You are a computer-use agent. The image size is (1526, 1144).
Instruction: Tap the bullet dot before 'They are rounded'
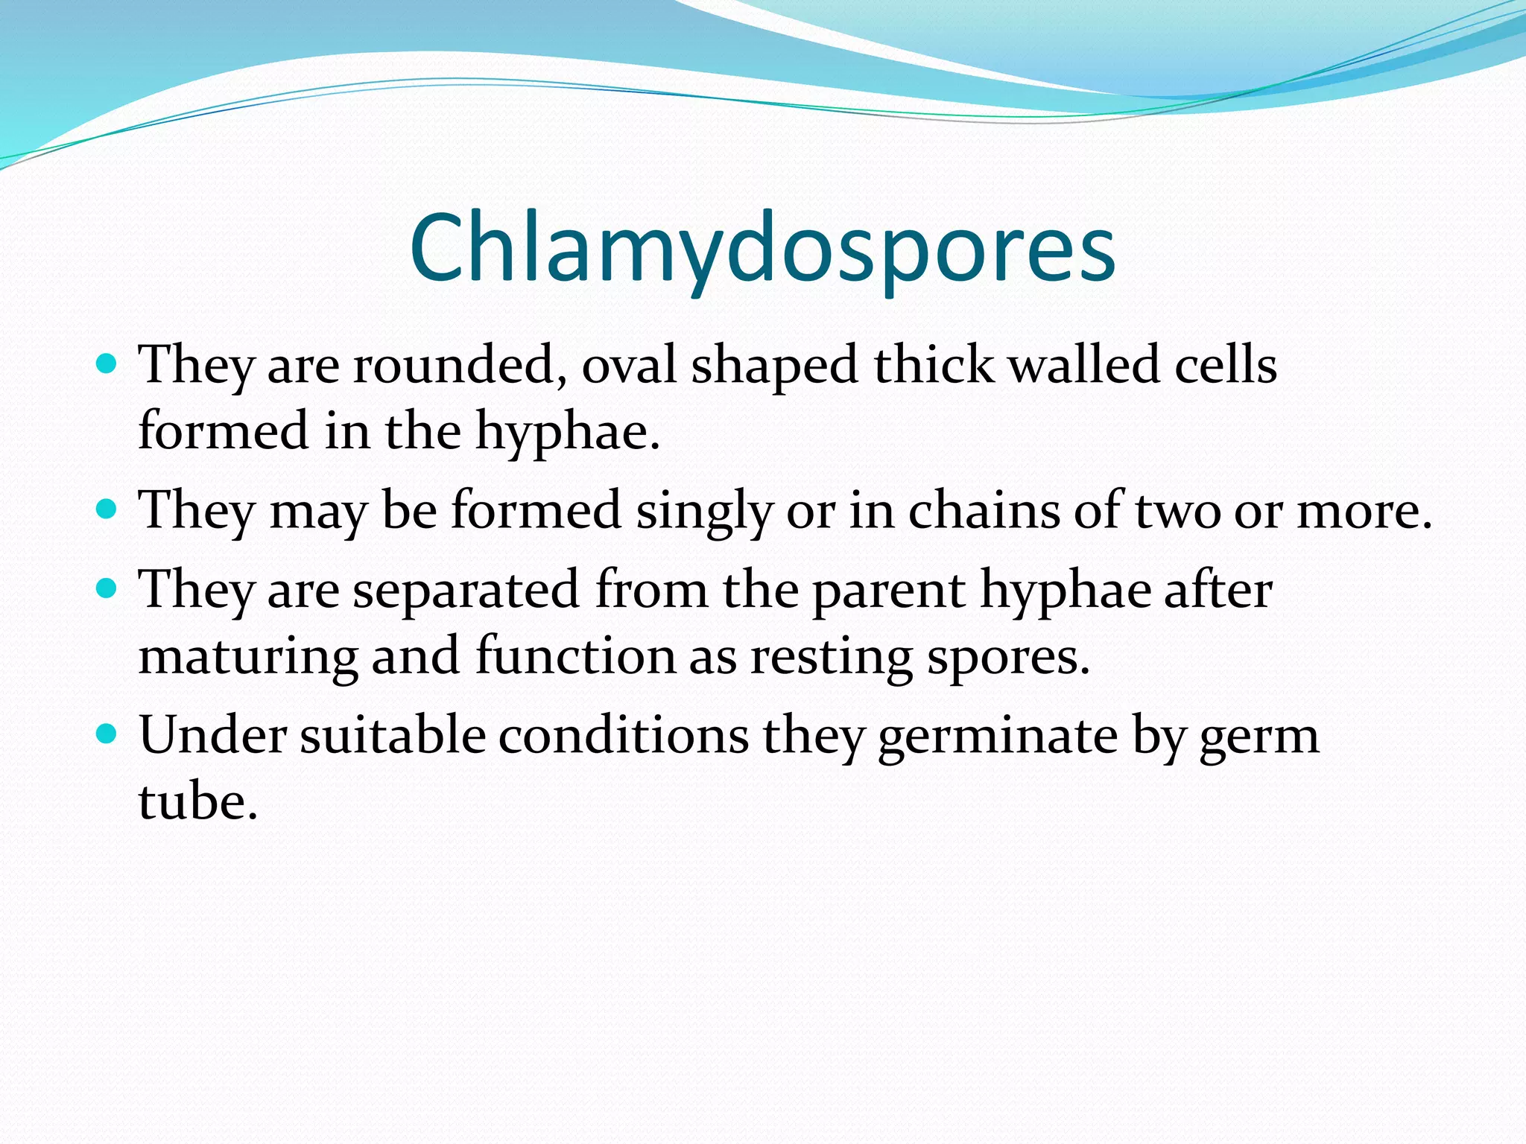click(108, 363)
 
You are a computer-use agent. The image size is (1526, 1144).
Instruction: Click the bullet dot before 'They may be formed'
click(108, 509)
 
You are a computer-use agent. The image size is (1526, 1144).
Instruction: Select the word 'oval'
click(629, 366)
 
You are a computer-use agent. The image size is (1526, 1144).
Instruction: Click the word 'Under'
click(212, 736)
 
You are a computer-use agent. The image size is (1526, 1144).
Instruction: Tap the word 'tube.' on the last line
click(198, 803)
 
